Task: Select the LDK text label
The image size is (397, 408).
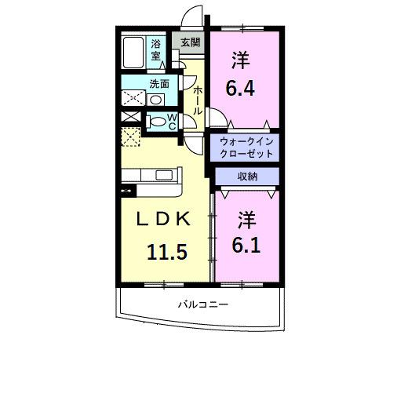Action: click(x=163, y=221)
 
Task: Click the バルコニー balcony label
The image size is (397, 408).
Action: click(x=202, y=304)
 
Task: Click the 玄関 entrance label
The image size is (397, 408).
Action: click(x=190, y=42)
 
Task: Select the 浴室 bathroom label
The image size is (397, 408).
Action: click(x=156, y=49)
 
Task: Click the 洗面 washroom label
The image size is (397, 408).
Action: click(x=159, y=84)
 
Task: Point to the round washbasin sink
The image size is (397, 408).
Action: click(x=156, y=100)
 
